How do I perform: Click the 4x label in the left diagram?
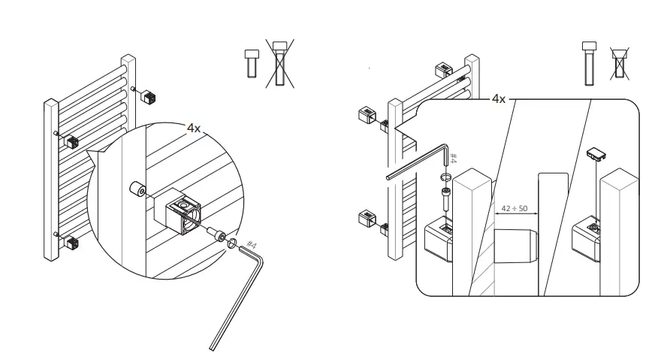(194, 128)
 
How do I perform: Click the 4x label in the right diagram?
(498, 98)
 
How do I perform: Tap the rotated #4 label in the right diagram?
(454, 156)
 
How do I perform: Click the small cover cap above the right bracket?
(596, 154)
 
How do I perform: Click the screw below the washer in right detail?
(445, 201)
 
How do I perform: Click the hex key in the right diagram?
(417, 164)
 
